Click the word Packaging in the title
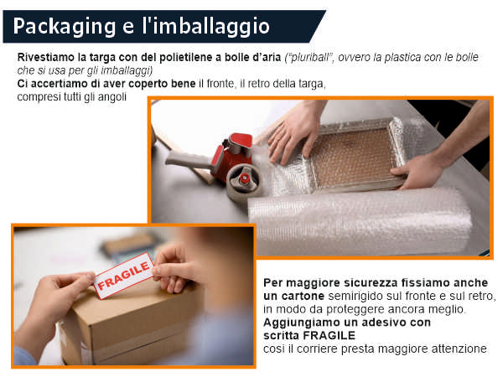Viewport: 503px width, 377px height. click(x=65, y=27)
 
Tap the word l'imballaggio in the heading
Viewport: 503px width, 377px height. click(x=206, y=27)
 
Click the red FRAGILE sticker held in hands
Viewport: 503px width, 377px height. click(x=124, y=276)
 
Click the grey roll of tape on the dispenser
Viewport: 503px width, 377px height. click(x=244, y=183)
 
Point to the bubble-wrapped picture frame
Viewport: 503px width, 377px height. click(x=356, y=156)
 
